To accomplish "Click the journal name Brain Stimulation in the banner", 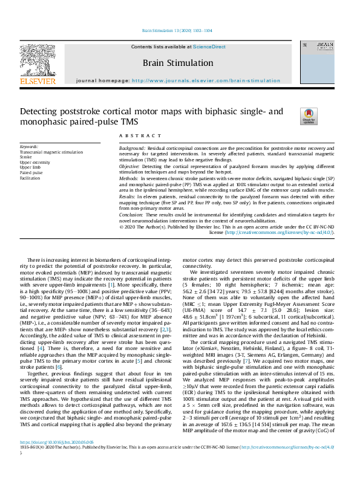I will click(x=177, y=63).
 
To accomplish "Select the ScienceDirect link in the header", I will click(x=209, y=47).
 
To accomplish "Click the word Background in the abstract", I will click(x=131, y=148).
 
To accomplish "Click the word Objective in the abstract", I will click(x=129, y=165).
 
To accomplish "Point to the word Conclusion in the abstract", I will click(x=131, y=215).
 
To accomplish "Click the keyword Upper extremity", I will click(x=34, y=163).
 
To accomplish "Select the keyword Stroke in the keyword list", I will click(x=26, y=157).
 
